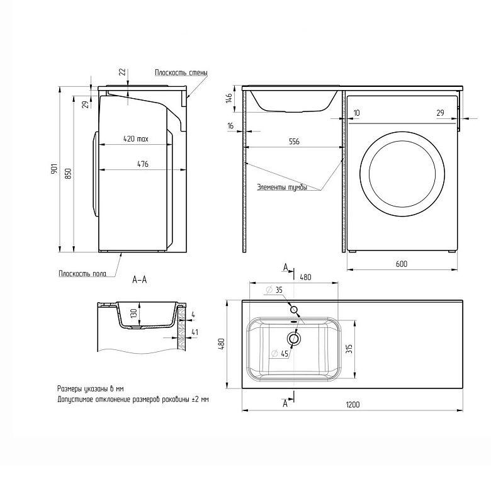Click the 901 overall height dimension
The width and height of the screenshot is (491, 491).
tap(54, 169)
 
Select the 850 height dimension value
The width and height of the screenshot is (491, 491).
tap(68, 174)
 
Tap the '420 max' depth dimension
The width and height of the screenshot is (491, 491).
tap(135, 138)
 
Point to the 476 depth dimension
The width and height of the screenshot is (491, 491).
tap(143, 164)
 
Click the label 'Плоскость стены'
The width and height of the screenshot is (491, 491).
tap(181, 72)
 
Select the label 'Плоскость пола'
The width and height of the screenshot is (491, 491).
tap(82, 274)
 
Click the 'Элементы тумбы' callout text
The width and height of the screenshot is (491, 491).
tap(282, 187)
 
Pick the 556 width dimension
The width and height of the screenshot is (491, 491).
tap(294, 142)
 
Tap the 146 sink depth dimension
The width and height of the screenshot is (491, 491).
tap(229, 98)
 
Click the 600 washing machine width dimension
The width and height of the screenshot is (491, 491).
tap(402, 264)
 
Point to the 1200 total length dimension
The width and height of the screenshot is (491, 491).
tap(353, 405)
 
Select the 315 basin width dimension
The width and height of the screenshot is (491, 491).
tap(350, 349)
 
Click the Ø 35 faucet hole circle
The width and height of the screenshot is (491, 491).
tap(294, 310)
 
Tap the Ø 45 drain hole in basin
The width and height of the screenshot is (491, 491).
tap(294, 339)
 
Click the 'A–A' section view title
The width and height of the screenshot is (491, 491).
tap(139, 279)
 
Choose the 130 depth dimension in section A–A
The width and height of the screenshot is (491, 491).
tap(133, 313)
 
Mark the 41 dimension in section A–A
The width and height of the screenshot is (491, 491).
tap(195, 332)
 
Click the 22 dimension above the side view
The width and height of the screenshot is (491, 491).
tap(123, 72)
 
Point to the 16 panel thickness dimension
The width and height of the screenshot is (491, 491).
tap(230, 126)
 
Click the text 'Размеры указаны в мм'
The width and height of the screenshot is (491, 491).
tap(90, 389)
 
